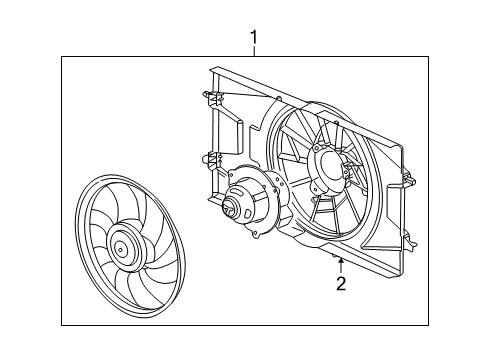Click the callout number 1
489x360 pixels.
[254, 39]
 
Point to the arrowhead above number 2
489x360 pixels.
[341, 261]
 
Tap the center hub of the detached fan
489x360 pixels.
[124, 245]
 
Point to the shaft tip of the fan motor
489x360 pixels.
[230, 210]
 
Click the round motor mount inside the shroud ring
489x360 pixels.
[331, 166]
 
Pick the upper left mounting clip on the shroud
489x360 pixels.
[210, 101]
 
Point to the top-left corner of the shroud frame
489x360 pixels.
[212, 69]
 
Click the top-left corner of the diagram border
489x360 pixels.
[62, 57]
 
